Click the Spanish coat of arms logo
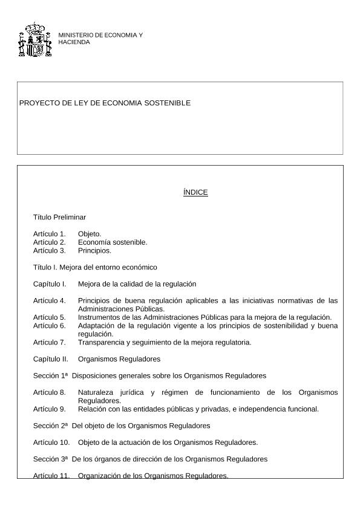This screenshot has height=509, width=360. (x=35, y=40)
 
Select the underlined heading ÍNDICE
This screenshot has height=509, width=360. (x=195, y=192)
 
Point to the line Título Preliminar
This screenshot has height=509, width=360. (x=59, y=217)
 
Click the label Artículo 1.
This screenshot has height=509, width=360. (x=49, y=233)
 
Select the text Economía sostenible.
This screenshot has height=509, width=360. (x=113, y=242)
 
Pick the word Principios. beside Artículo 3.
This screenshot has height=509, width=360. (x=94, y=250)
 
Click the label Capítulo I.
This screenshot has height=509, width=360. (x=50, y=284)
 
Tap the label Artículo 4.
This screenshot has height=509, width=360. (x=49, y=300)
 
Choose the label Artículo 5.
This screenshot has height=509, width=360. (x=49, y=317)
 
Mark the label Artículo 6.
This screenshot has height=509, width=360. (x=49, y=325)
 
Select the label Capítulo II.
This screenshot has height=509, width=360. (x=51, y=358)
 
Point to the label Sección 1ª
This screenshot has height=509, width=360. (x=50, y=375)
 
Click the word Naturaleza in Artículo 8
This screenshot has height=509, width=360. (x=97, y=392)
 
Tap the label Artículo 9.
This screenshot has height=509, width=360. (x=49, y=409)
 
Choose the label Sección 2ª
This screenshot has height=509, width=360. (x=50, y=426)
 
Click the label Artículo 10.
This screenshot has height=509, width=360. (x=51, y=442)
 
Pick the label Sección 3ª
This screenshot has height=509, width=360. (x=50, y=459)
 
